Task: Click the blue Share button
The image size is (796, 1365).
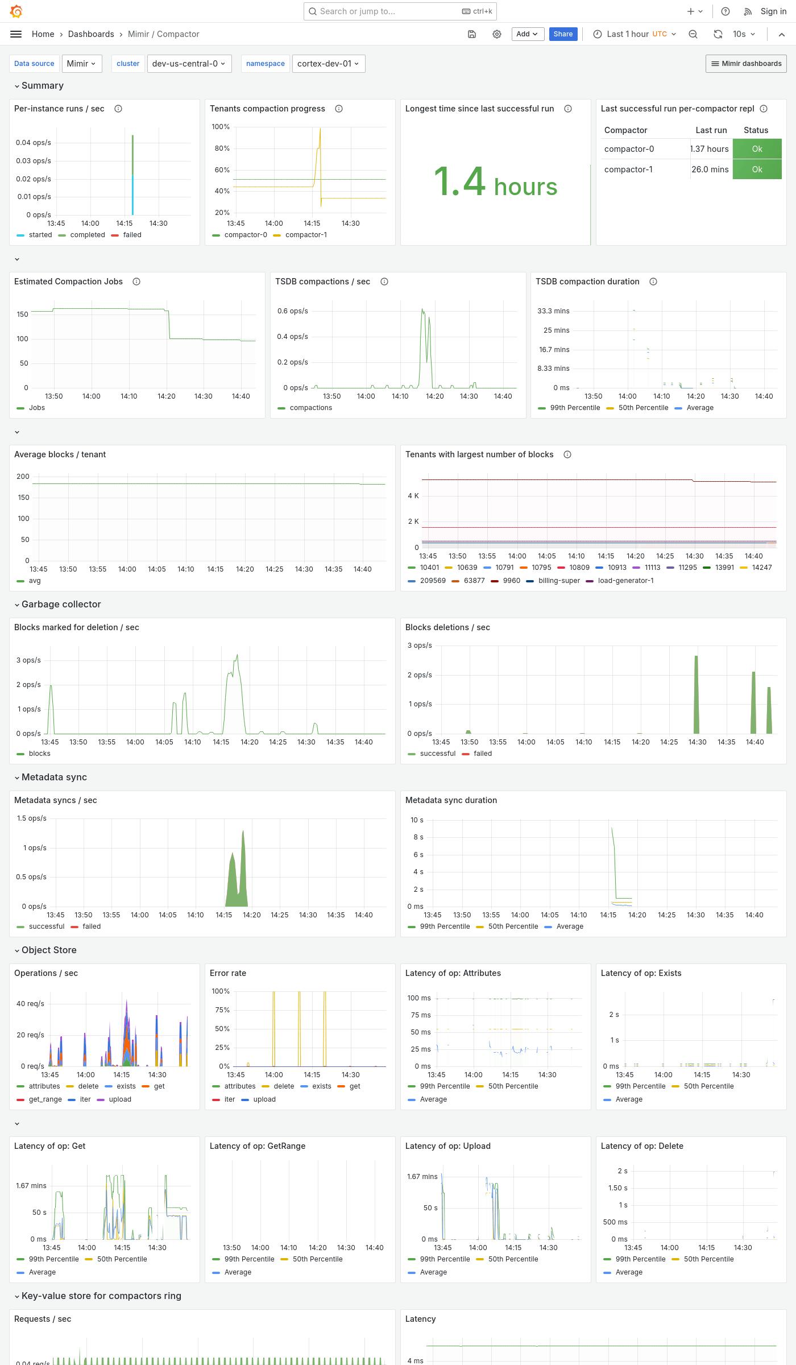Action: [x=563, y=34]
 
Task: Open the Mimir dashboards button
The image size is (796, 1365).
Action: [x=746, y=64]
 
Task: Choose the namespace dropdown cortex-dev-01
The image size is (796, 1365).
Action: [x=328, y=64]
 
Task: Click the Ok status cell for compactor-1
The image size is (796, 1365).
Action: [x=757, y=169]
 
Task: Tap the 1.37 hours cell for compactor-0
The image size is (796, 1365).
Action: [x=710, y=149]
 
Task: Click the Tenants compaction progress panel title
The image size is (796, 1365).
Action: [x=267, y=109]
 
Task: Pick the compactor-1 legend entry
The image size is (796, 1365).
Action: [x=306, y=235]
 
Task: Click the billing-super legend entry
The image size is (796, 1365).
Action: [x=559, y=581]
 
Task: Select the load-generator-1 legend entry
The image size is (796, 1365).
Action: [x=625, y=581]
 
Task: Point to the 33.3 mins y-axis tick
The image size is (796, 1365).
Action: [x=553, y=311]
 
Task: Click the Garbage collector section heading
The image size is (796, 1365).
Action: [x=61, y=604]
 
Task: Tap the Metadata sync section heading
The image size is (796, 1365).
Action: [x=54, y=777]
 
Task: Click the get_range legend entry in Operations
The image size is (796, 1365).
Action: [x=45, y=1099]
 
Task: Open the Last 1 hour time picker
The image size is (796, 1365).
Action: [x=635, y=34]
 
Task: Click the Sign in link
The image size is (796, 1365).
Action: [x=773, y=11]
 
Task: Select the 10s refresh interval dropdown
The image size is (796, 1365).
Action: [x=744, y=34]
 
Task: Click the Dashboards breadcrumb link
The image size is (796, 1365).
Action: [x=91, y=34]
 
